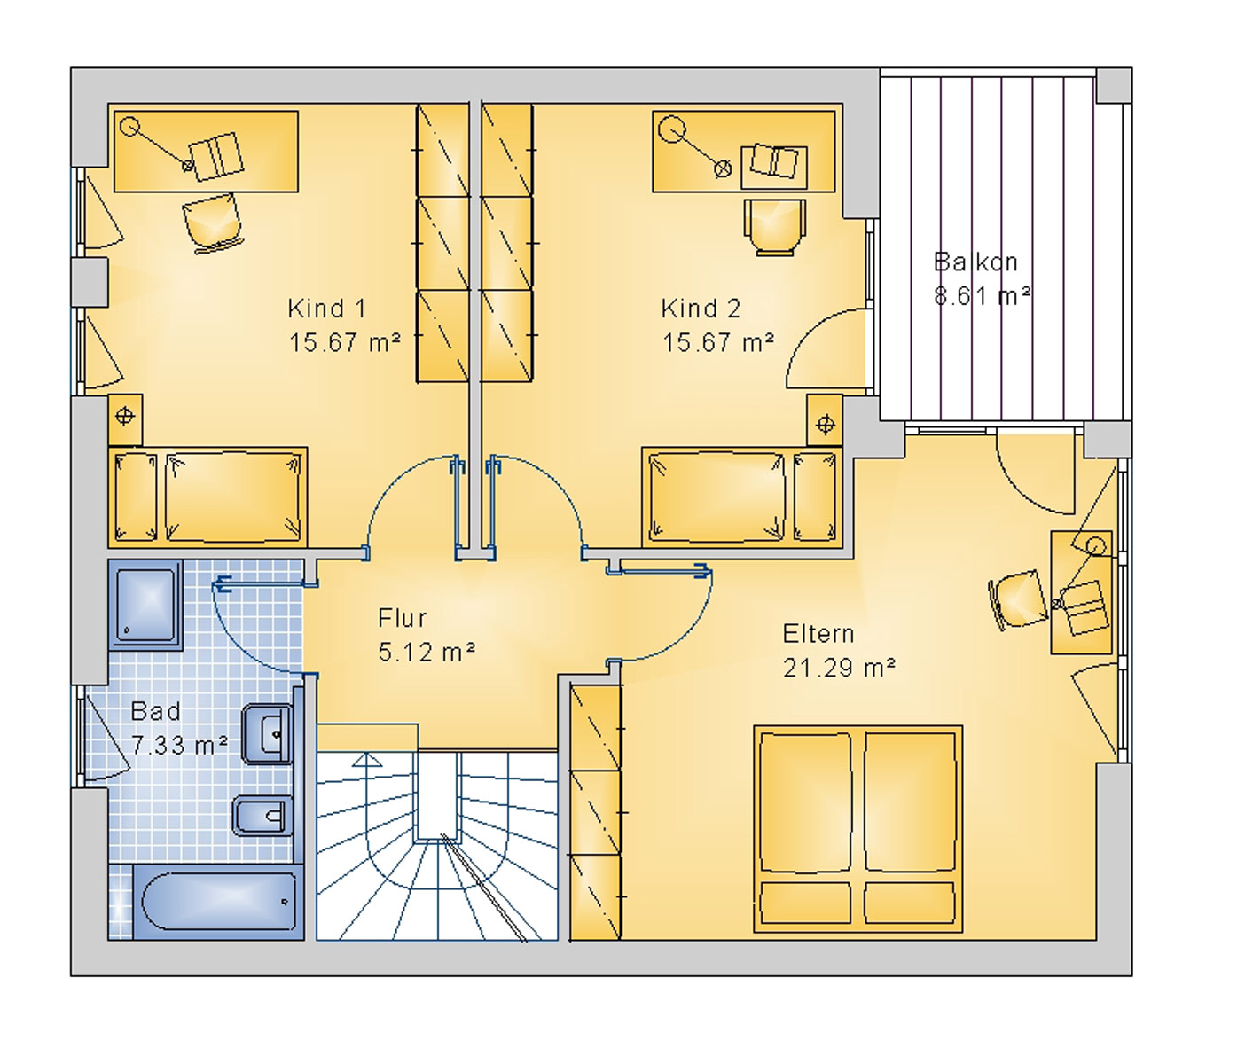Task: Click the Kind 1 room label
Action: pyautogui.click(x=326, y=309)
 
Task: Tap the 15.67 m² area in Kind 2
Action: pyautogui.click(x=718, y=342)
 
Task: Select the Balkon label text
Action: pyautogui.click(x=975, y=262)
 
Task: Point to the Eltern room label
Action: pyautogui.click(x=818, y=634)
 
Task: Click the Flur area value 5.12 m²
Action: pyautogui.click(x=427, y=652)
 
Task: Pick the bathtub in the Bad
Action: pyautogui.click(x=219, y=902)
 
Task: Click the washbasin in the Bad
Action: pyautogui.click(x=267, y=734)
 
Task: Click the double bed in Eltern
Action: pyautogui.click(x=857, y=829)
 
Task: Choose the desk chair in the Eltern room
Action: pyautogui.click(x=1017, y=600)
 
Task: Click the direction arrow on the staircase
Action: pyautogui.click(x=367, y=760)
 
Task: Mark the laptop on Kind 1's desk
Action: pyautogui.click(x=217, y=155)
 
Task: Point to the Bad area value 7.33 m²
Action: pyautogui.click(x=179, y=746)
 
